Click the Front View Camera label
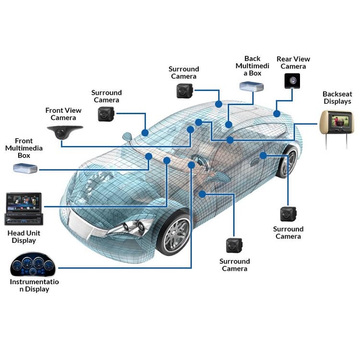click(63, 114)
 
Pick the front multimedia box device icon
click(25, 168)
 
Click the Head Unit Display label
click(24, 237)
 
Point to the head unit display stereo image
click(24, 209)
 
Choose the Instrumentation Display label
click(34, 285)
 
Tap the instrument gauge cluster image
click(33, 265)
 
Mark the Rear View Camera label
click(293, 62)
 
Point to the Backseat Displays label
click(336, 97)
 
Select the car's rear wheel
click(288, 162)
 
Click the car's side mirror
click(127, 137)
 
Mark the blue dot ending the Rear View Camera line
click(276, 114)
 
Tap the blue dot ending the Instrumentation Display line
click(192, 165)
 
